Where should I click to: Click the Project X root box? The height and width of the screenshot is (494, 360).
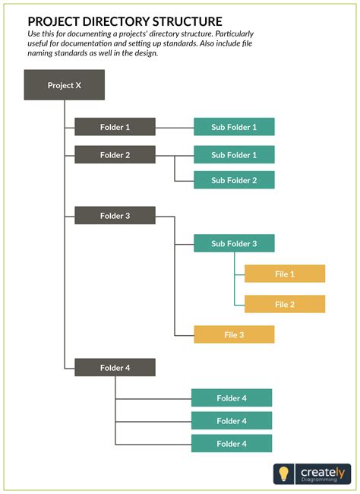(64, 85)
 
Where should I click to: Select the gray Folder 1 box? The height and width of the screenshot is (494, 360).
(115, 127)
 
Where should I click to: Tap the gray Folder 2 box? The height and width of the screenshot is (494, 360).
(115, 155)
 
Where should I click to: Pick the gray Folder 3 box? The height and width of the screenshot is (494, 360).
(115, 216)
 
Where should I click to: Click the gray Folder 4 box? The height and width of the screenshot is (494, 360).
(115, 368)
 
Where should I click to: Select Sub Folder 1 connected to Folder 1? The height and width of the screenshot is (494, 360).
(234, 127)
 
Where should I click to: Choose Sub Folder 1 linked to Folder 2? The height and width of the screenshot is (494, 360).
(234, 155)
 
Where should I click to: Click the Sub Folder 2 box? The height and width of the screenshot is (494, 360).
(234, 180)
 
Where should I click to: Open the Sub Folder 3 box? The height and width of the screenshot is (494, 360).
(234, 244)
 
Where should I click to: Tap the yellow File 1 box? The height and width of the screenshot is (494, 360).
(285, 274)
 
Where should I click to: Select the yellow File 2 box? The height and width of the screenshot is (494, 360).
(285, 304)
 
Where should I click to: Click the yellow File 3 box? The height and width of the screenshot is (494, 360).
(234, 334)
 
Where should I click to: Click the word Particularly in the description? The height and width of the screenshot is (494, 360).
(229, 35)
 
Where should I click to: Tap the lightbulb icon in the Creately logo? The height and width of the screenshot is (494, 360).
(284, 473)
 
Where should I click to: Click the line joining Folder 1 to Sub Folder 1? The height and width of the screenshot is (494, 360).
(175, 127)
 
